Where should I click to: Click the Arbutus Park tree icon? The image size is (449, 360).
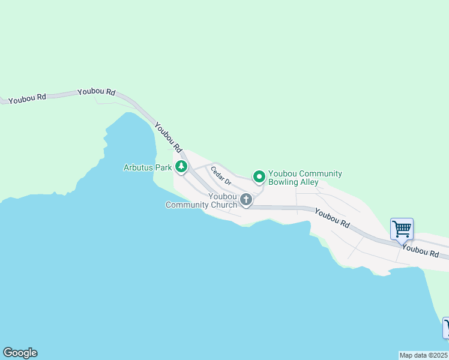coord(181,167)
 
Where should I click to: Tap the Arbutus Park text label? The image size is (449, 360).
coord(148,168)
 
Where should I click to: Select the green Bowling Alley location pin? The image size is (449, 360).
coord(259,176)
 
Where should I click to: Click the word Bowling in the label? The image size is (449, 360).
coord(283,182)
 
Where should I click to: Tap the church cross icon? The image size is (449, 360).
coord(246,199)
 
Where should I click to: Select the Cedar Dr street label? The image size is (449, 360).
coord(221,176)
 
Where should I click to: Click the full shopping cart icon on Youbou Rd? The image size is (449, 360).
coord(402,229)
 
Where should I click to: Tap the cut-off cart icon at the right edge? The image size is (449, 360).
coord(446,328)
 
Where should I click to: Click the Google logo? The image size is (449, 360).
coord(20,353)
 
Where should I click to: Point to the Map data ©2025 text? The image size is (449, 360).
coord(424,355)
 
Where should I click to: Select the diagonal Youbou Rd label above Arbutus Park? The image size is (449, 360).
coord(168,137)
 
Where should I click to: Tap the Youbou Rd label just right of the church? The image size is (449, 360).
coord(332,218)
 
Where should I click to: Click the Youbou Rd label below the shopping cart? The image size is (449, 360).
coord(420,250)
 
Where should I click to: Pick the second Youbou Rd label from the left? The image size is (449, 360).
coord(96,92)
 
